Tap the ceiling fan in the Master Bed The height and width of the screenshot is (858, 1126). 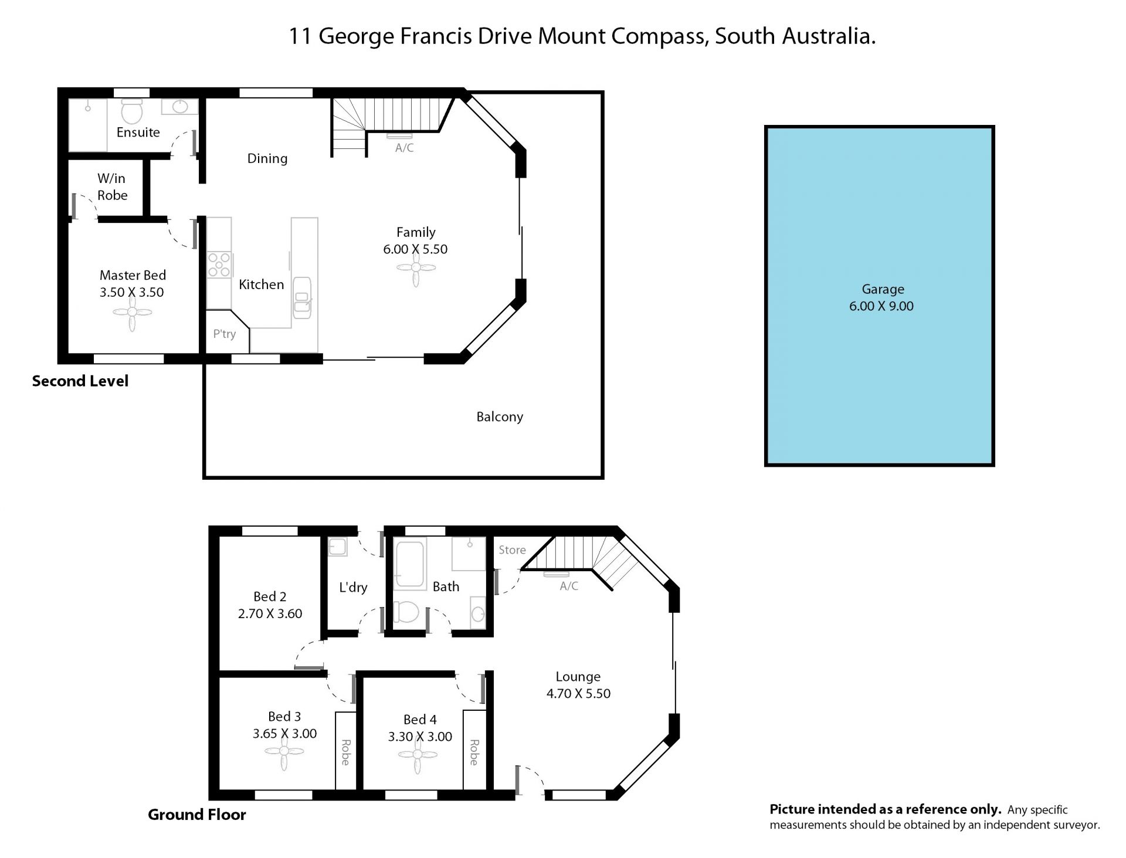pos(132,313)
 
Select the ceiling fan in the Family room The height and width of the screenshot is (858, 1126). pos(416,268)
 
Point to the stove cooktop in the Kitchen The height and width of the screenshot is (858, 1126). pos(219,264)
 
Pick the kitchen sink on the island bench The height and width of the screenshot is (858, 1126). pos(302,298)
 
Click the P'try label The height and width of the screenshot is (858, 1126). pos(225,334)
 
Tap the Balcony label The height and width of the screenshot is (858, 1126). pos(500,417)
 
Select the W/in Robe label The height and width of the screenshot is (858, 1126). pos(112,186)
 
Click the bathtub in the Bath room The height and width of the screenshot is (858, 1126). pos(410,564)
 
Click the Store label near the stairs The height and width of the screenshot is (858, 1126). pos(513,550)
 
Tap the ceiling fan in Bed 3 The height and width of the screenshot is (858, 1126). pos(284,752)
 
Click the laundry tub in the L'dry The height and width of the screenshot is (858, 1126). pos(337,547)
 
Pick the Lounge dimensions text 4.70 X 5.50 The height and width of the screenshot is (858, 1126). pos(579,694)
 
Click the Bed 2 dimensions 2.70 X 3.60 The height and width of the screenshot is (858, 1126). pos(270,614)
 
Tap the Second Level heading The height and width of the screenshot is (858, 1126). pos(80,381)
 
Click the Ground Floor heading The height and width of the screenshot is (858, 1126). pos(197,815)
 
